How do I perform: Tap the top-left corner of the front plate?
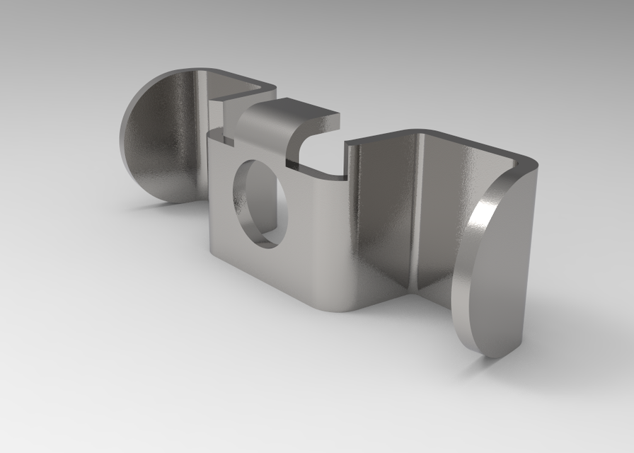click(209, 134)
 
